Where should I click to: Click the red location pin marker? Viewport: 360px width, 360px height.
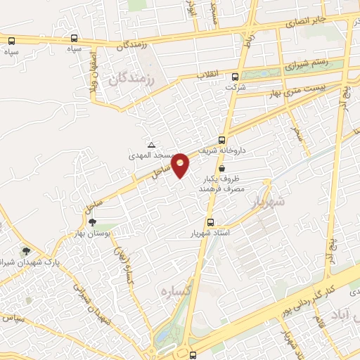pos(181,165)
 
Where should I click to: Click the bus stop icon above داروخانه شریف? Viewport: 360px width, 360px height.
pos(222,139)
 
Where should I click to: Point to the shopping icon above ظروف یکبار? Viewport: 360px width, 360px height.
pos(222,169)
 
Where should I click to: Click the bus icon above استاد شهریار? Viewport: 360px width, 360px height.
pos(211,222)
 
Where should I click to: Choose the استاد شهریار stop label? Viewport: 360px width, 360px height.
pos(211,233)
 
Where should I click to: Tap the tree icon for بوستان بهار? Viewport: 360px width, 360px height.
pos(93,222)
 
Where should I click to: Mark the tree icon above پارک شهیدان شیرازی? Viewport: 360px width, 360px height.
pos(27,250)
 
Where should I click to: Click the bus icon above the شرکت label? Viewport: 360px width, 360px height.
pos(235,77)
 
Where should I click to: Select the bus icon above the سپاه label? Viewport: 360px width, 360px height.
pos(75,39)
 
